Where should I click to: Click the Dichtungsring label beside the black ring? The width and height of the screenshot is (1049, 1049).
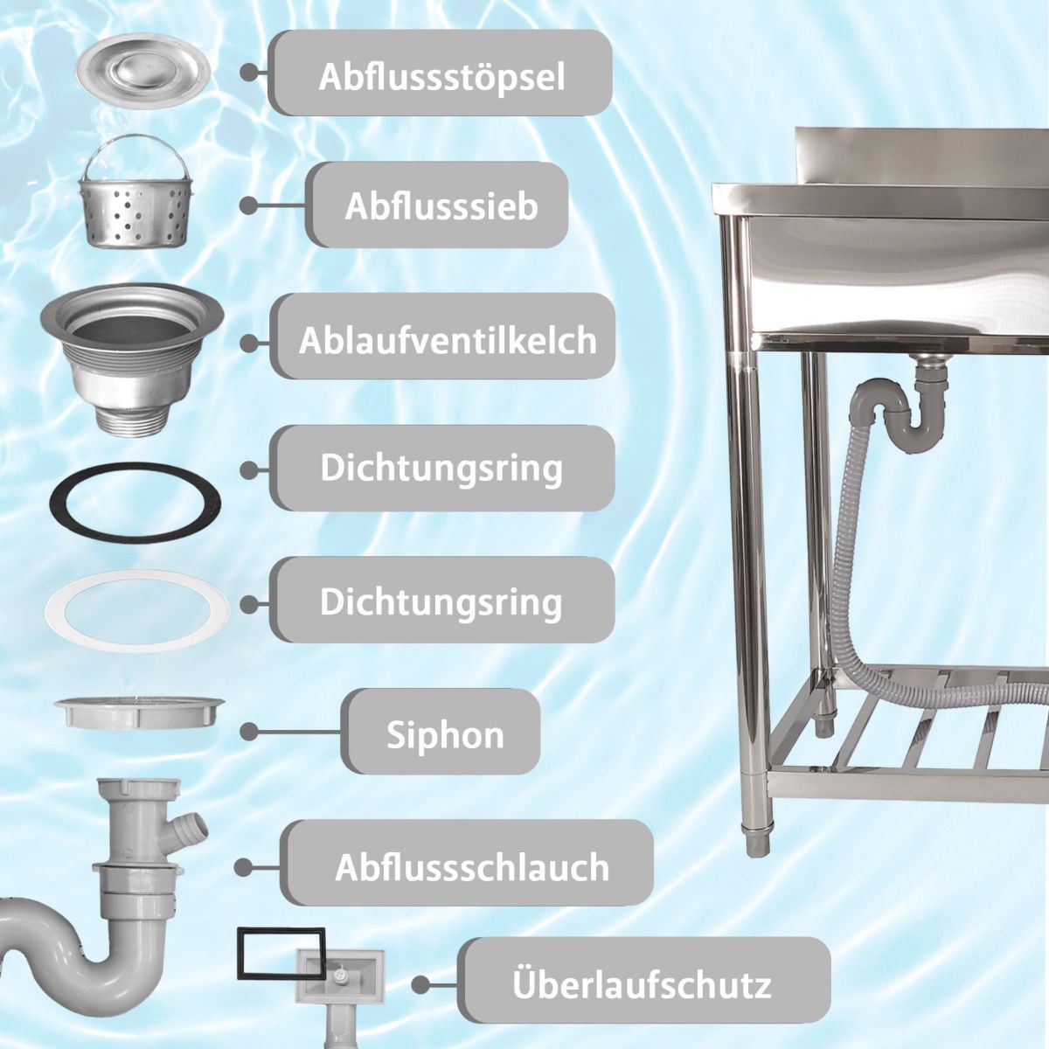(442, 469)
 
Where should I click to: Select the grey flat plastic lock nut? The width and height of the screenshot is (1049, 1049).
(139, 712)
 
